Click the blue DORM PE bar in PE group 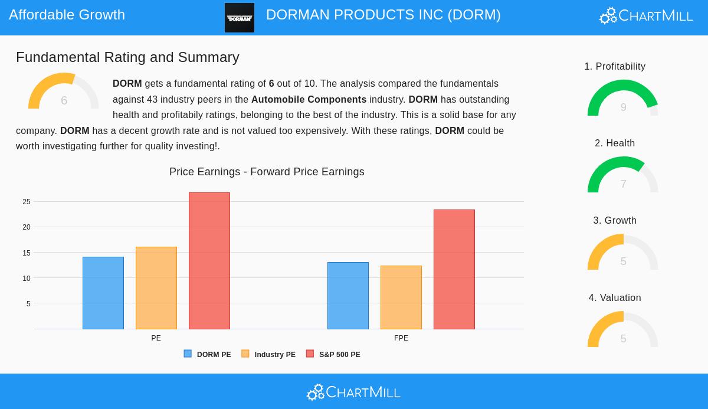[103, 293]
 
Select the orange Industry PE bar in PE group [156, 288]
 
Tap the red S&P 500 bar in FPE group [454, 269]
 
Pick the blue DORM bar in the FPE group [348, 296]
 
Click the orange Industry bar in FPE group [401, 297]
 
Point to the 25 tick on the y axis [27, 202]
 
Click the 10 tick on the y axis [27, 279]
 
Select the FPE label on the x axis [401, 338]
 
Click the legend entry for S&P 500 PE [333, 355]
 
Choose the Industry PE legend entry [269, 355]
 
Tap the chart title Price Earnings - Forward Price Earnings [267, 172]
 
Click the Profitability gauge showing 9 [622, 99]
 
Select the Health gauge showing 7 [622, 175]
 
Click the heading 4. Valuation [615, 298]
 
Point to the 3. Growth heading [615, 221]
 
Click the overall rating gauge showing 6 [64, 93]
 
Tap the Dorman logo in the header [240, 18]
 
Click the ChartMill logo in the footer [353, 392]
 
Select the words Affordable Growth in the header [67, 15]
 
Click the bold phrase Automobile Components [309, 100]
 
